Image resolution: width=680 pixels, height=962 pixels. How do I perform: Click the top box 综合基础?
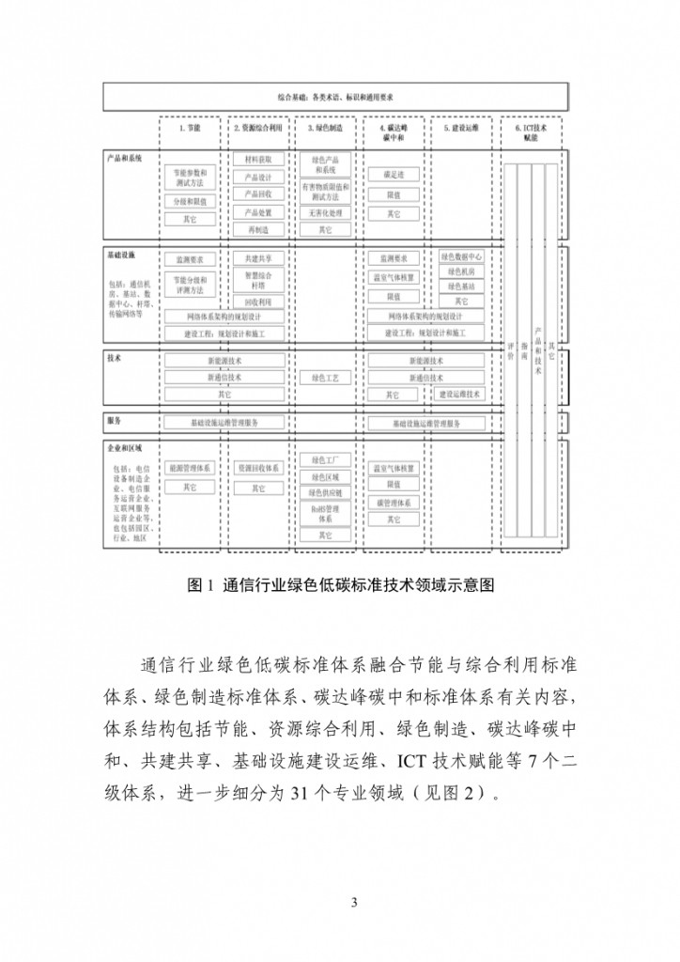coord(335,96)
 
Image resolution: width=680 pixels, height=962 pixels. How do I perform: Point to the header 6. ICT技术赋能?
coord(530,131)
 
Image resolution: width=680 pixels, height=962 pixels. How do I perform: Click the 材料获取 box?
coord(257,160)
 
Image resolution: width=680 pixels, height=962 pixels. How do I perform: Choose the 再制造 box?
coord(257,229)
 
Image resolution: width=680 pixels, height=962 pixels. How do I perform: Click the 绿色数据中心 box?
coord(461,256)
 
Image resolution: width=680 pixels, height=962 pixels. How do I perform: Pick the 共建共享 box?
coord(257,258)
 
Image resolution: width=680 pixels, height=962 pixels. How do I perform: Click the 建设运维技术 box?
coord(461,395)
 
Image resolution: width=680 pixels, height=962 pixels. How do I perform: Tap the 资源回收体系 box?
coord(257,467)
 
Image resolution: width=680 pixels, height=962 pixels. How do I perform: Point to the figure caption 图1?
coord(340,585)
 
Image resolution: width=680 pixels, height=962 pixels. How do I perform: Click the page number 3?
coord(354,904)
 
